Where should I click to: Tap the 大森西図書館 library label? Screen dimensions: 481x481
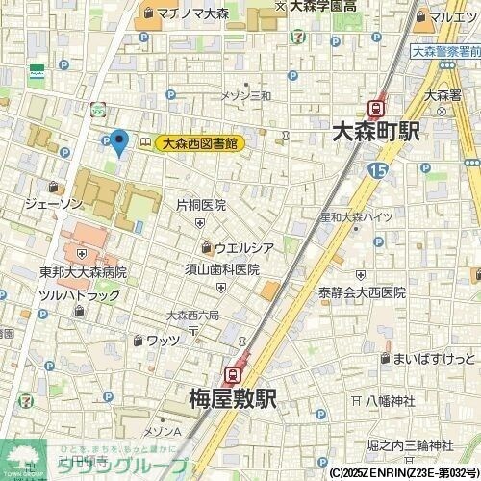pos(199,143)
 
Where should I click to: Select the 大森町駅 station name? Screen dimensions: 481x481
pos(374,132)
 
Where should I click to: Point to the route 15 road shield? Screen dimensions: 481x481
pos(377,171)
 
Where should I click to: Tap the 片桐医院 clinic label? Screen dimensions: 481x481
pos(201,205)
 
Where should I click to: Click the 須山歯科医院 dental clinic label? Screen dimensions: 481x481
pos(222,269)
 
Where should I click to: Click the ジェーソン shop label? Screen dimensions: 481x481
pos(53,204)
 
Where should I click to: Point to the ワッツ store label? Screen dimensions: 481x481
pos(163,340)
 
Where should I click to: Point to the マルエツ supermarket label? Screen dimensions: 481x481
pos(452,16)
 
